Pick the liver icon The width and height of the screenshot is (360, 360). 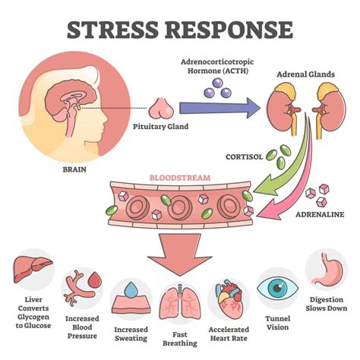[33, 270]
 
